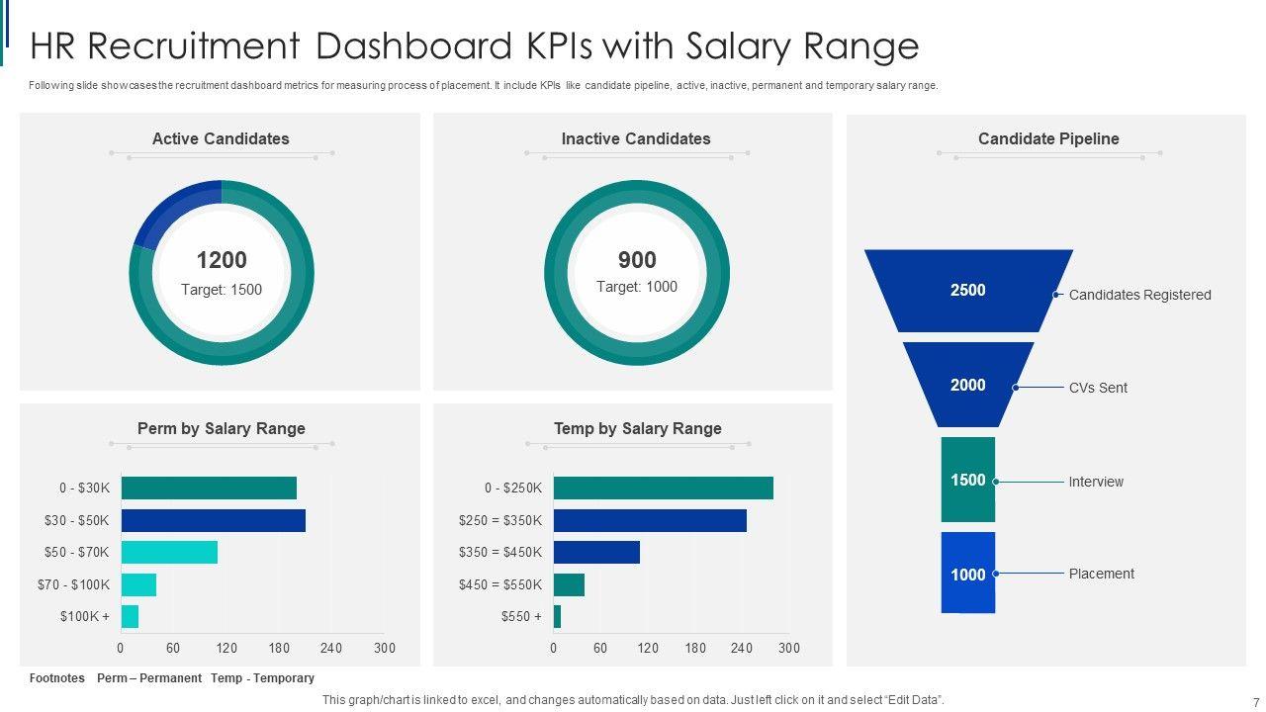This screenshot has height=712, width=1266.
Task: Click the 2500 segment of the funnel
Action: point(968,290)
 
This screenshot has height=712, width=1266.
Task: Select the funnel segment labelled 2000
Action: point(968,385)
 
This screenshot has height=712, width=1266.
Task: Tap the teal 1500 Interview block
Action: point(968,480)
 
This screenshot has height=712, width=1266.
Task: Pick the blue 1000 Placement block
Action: point(968,574)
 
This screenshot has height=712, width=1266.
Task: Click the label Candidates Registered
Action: point(1139,295)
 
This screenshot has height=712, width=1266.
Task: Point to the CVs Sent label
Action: point(1098,388)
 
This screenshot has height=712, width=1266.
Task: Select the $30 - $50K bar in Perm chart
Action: point(213,520)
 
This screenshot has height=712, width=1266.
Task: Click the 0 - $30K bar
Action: point(209,488)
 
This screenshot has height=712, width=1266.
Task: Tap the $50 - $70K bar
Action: point(169,552)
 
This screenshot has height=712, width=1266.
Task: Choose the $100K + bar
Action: point(130,617)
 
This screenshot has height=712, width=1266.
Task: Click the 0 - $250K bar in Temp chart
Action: point(663,488)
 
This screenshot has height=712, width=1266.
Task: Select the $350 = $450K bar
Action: point(596,552)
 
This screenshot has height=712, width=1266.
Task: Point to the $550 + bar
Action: point(557,617)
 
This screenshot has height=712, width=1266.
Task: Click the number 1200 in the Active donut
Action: point(222,260)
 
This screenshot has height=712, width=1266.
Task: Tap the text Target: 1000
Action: point(637,287)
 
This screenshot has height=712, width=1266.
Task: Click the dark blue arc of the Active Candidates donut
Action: point(168,208)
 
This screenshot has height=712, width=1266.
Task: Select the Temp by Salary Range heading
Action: point(637,428)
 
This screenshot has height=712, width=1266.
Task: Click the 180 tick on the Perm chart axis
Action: point(279,649)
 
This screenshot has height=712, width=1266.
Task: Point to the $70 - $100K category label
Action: point(74,584)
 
